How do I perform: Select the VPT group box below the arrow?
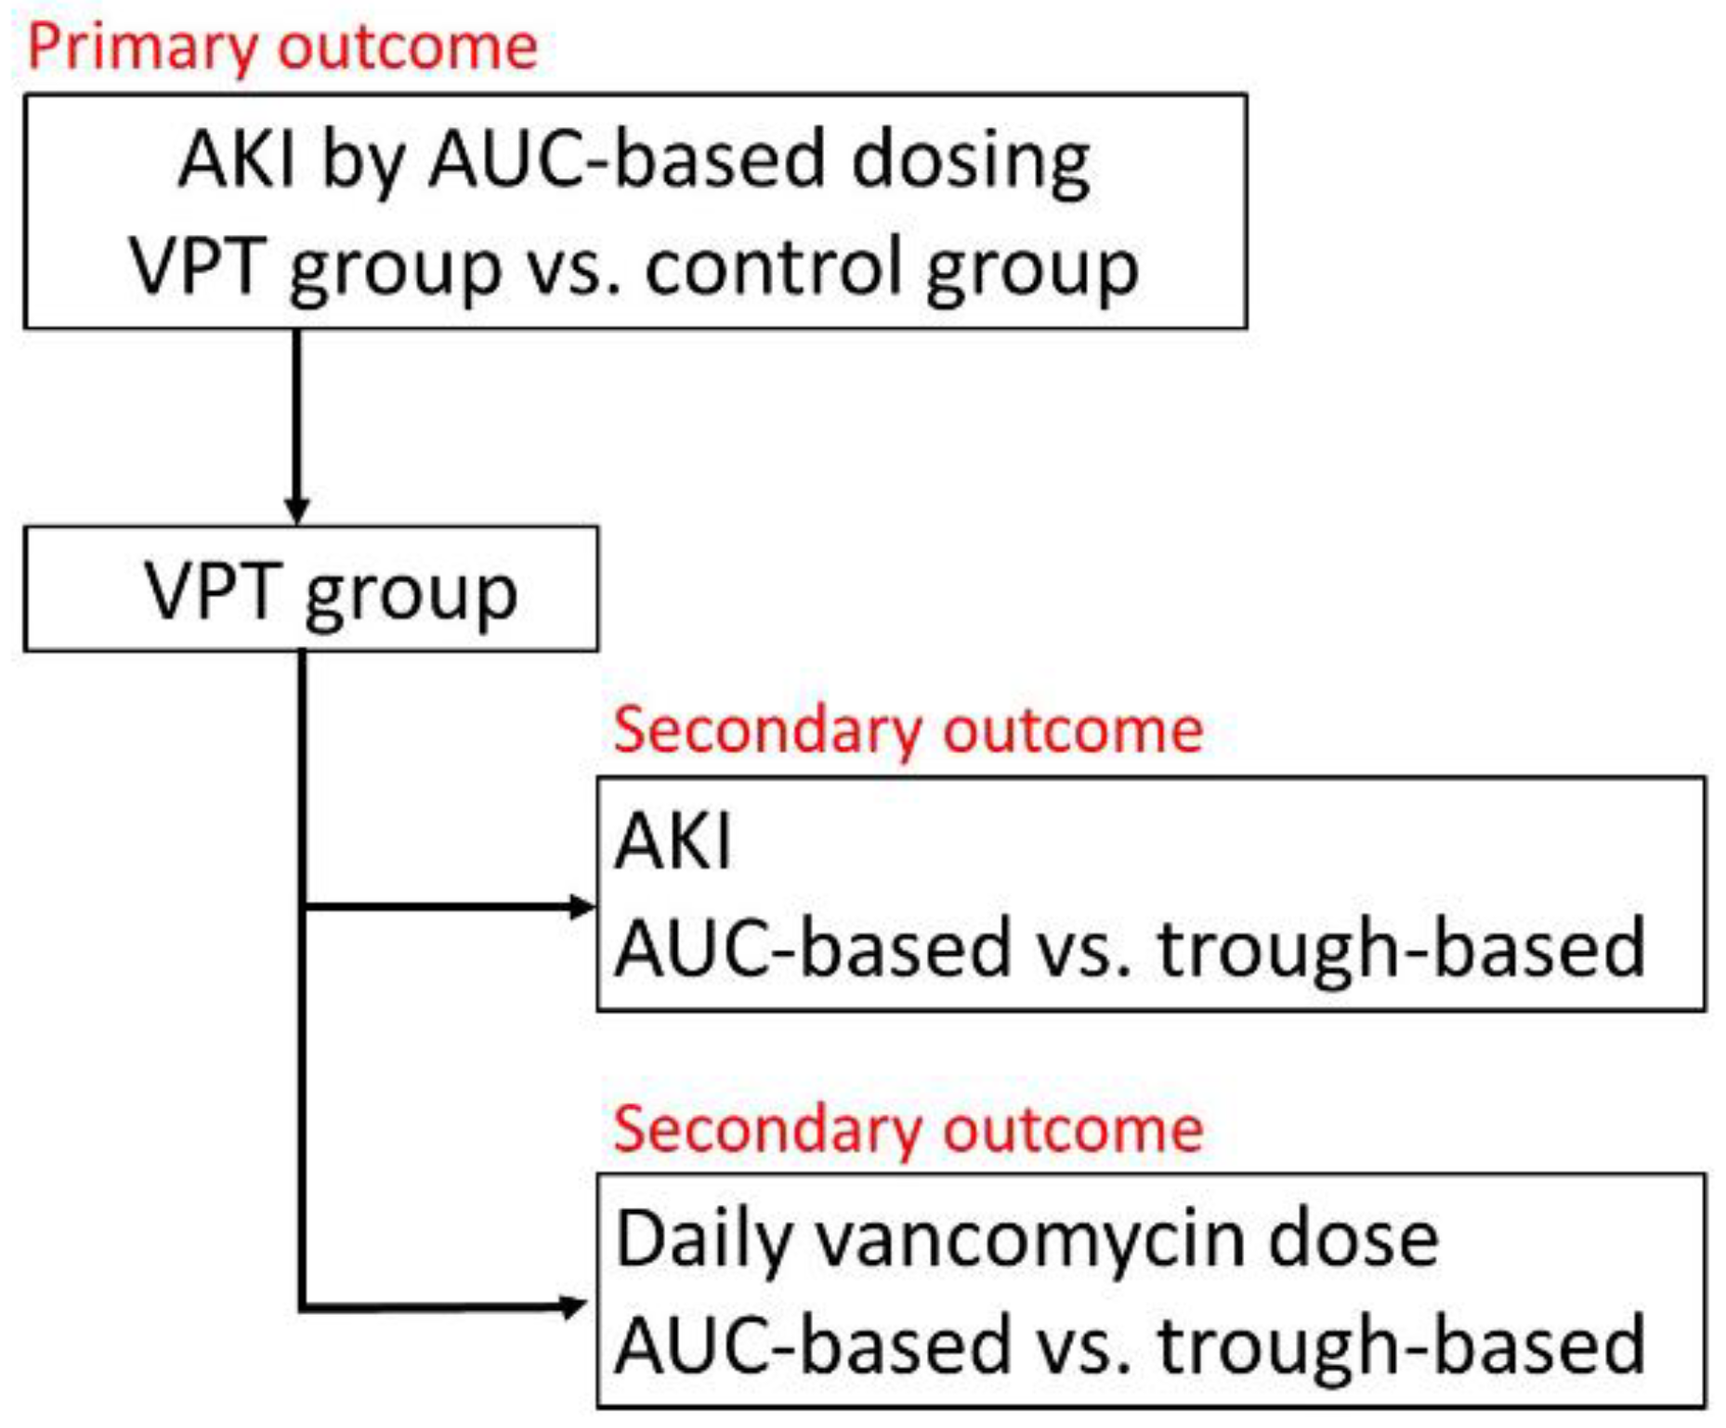[x=311, y=590]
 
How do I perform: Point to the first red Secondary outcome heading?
[x=908, y=730]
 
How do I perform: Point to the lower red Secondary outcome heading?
[x=908, y=1129]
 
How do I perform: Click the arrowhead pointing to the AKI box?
[x=582, y=906]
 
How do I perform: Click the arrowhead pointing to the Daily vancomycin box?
[x=574, y=1307]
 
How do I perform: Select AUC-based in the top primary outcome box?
[x=627, y=160]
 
